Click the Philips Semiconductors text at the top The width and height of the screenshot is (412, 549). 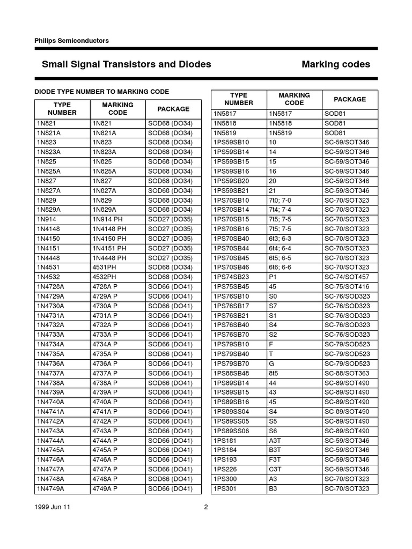point(71,40)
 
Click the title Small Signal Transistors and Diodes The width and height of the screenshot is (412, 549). point(126,64)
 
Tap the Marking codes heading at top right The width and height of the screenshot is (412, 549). point(336,64)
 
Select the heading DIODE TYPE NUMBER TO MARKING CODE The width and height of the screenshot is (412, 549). point(102,92)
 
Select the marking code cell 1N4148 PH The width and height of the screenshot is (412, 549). point(109,229)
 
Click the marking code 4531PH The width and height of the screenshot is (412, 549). point(105,268)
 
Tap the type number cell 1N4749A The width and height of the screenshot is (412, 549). point(50,489)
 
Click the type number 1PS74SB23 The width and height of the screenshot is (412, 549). point(232,277)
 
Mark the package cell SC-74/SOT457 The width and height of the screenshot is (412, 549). point(347,277)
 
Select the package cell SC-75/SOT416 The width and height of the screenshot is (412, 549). point(347,287)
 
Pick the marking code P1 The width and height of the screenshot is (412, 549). point(273,277)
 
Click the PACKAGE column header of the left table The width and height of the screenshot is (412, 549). point(173,109)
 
